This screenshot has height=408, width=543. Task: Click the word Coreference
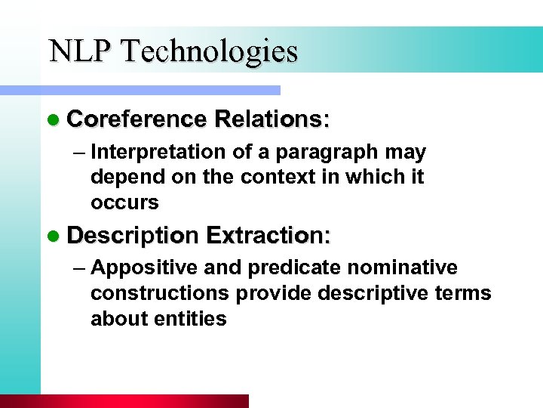[137, 119]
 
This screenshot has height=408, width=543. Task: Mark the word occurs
[124, 202]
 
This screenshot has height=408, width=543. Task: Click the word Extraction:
[268, 235]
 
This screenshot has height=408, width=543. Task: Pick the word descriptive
[374, 293]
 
